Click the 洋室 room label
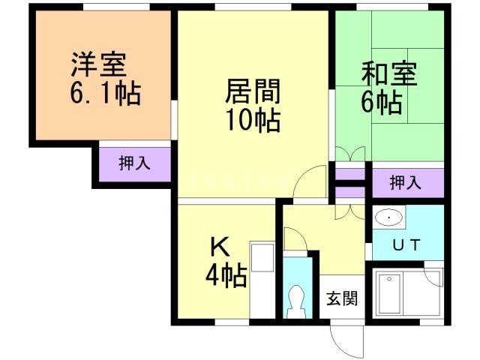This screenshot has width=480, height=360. coord(98,63)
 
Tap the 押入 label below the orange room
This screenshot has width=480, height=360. coord(134,163)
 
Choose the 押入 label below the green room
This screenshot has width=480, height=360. coord(406,182)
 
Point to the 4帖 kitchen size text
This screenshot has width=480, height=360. coord(226,277)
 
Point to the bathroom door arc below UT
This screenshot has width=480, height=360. coord(433,274)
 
